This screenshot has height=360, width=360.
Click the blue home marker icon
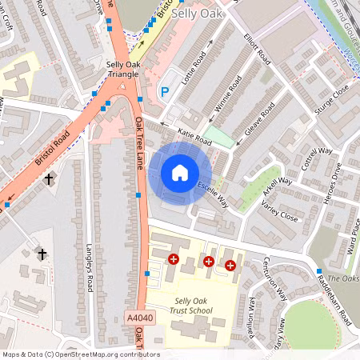[x=180, y=172]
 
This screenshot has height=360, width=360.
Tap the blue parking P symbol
[x=166, y=93]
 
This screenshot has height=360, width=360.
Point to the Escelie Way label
[x=214, y=195]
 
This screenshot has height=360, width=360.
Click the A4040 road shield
[x=140, y=318]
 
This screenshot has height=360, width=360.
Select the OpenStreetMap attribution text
[x=81, y=354]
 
